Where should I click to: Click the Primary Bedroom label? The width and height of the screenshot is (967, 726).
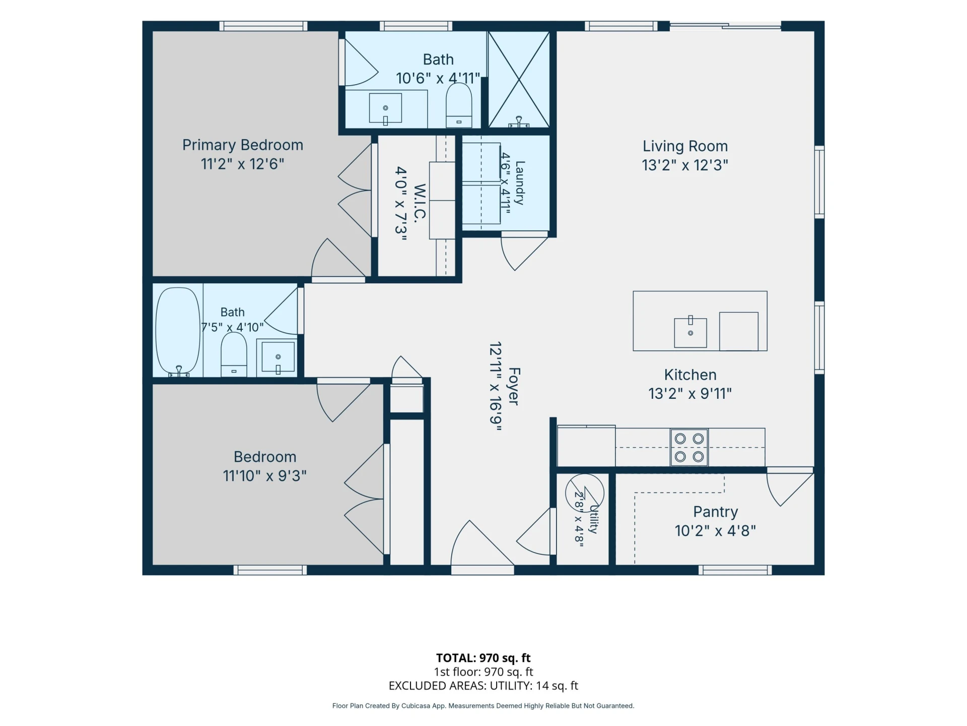click(243, 145)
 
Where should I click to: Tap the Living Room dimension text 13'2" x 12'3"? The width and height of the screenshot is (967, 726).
click(685, 165)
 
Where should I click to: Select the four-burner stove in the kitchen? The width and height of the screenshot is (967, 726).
click(689, 447)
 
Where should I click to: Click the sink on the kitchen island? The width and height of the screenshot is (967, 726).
click(690, 332)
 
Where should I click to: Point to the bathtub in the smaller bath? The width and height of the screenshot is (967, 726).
click(178, 332)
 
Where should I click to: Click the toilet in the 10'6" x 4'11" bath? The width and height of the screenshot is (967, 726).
click(459, 105)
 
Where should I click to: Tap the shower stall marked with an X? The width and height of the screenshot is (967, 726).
click(519, 79)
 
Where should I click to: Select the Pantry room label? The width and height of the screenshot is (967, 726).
click(716, 512)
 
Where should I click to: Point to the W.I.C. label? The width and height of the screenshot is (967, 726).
click(420, 202)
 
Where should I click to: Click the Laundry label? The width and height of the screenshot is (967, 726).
click(520, 183)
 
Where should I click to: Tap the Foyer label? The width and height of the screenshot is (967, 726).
click(514, 386)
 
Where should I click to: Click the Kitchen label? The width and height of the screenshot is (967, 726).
click(690, 375)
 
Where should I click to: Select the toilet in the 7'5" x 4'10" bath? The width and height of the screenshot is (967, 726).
click(234, 354)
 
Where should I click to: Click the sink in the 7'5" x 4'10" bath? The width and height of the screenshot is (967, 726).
click(278, 358)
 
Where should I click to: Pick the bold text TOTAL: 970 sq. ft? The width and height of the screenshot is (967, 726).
click(483, 658)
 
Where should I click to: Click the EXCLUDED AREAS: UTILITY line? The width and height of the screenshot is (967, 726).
click(483, 686)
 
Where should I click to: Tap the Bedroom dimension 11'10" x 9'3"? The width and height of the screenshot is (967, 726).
click(265, 475)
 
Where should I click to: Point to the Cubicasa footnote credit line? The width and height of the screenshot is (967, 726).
click(483, 706)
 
